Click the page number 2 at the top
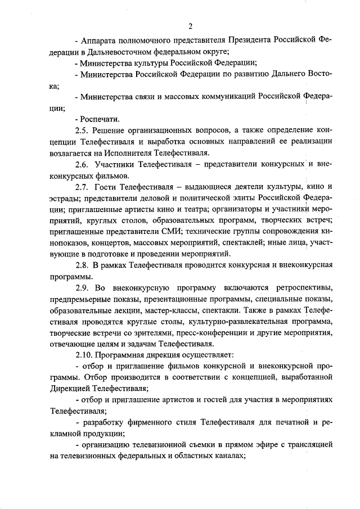(191, 26)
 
